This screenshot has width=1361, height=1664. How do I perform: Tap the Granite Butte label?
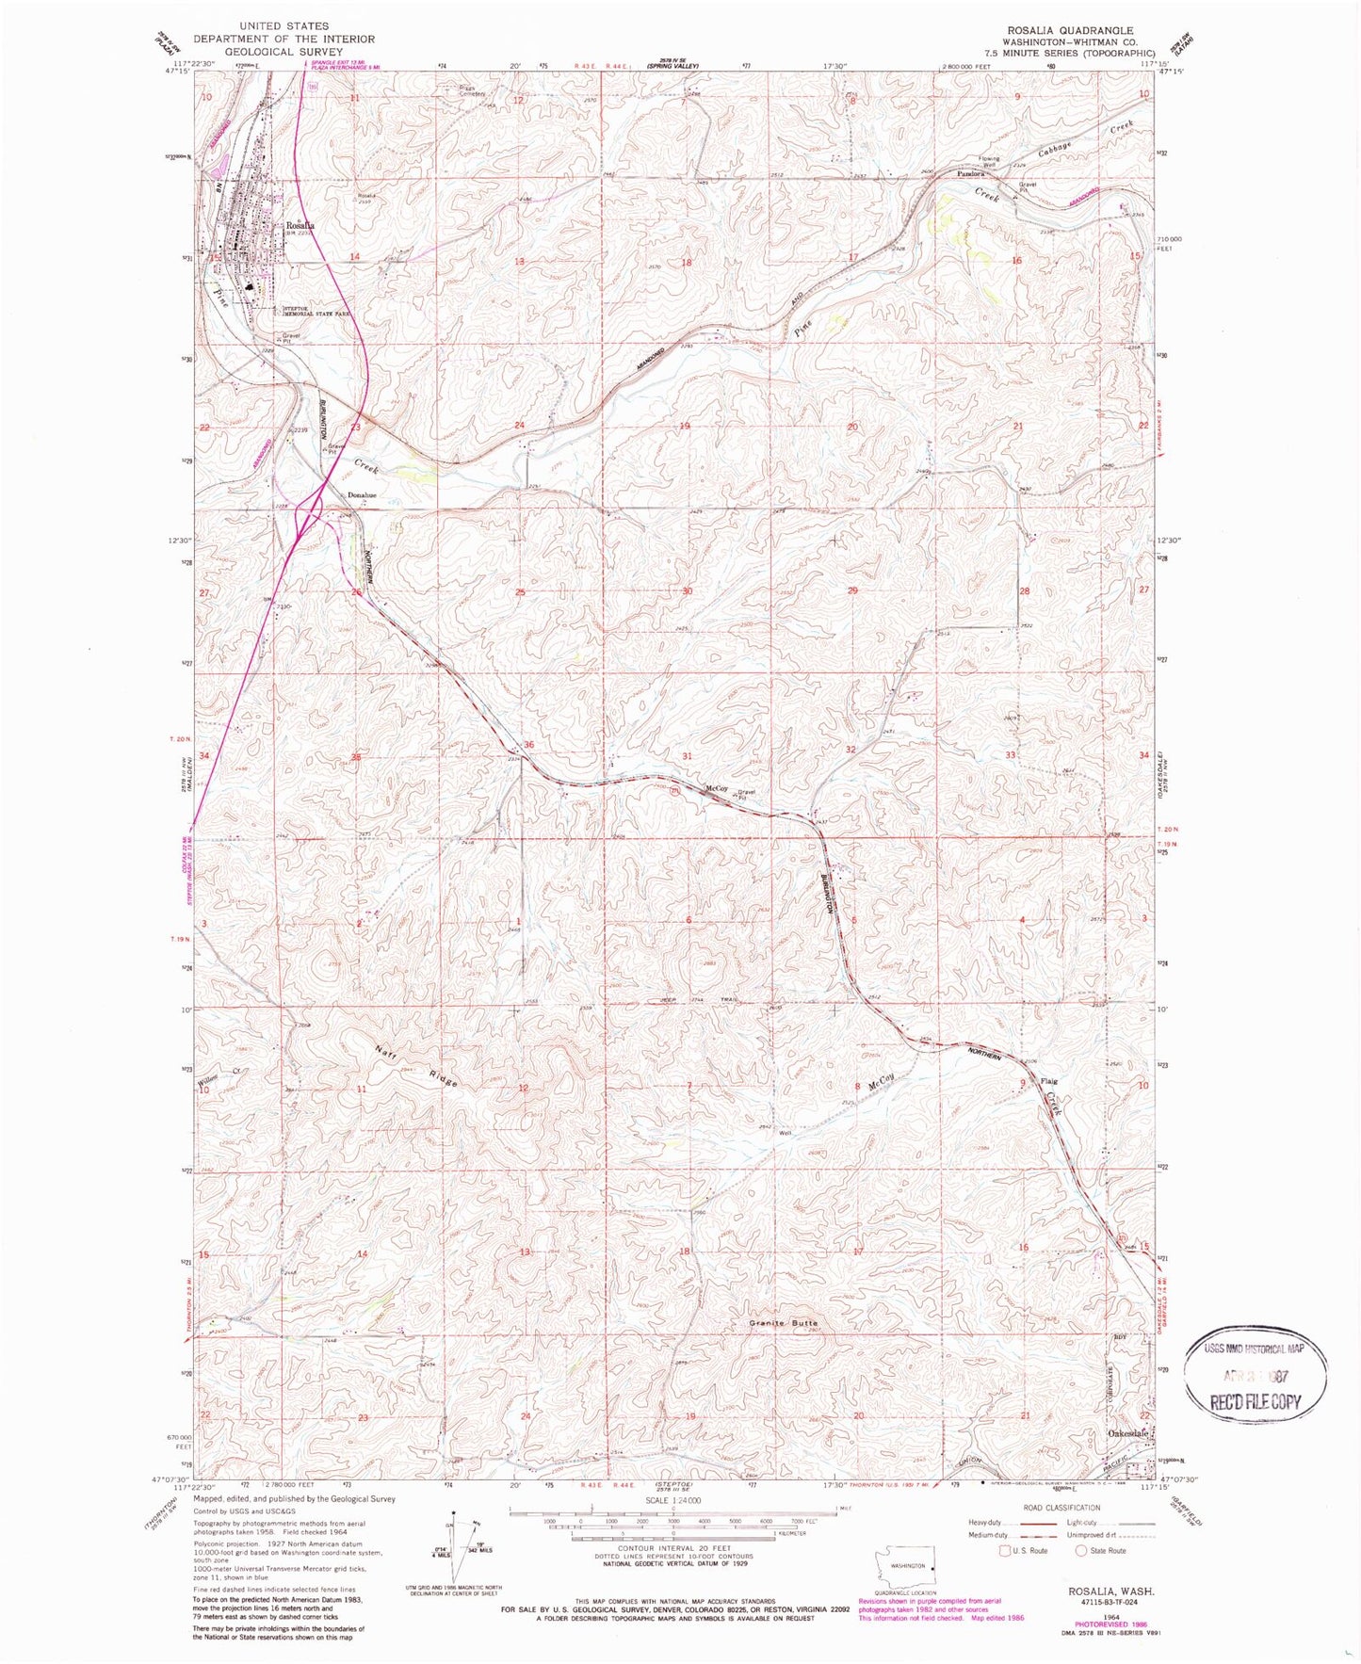784,1323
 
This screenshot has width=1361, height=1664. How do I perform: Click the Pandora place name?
970,174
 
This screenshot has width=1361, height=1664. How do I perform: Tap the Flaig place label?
1048,1081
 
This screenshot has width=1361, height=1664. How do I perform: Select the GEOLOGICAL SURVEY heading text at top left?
284,52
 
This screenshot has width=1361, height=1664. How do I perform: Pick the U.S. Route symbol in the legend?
1006,1550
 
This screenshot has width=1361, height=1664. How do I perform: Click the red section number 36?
528,745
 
